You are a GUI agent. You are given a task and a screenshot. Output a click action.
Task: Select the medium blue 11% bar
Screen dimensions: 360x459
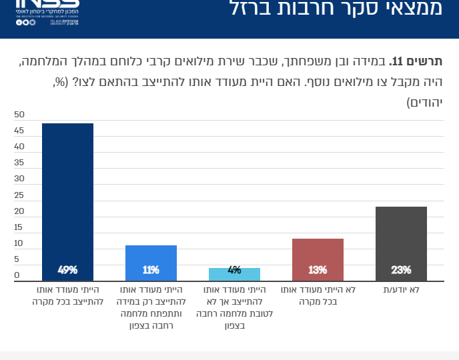pos(151,260)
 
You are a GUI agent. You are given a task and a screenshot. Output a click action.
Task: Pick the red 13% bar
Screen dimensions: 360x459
pos(318,257)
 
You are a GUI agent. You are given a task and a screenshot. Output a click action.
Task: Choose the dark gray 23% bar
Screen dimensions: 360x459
pos(401,240)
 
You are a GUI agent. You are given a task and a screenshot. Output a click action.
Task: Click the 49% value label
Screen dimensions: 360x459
pos(67,270)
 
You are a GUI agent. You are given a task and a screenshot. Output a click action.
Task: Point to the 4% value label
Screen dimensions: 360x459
pos(234,270)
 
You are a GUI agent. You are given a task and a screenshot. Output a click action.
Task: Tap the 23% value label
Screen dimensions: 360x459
pos(401,270)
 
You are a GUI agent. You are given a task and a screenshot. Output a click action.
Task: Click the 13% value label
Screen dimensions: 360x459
pos(318,270)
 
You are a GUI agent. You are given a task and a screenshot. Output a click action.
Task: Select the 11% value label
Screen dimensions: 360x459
pos(151,270)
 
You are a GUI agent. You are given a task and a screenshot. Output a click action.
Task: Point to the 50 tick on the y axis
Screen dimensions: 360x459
pos(19,114)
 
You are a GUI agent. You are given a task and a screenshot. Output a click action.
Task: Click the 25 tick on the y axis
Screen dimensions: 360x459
pos(19,195)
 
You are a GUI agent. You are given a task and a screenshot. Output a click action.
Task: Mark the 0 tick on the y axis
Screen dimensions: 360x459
pos(17,275)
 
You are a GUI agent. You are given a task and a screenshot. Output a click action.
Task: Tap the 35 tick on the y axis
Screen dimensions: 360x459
pos(19,163)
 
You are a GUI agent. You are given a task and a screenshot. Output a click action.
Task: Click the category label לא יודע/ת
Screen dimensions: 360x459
pos(401,291)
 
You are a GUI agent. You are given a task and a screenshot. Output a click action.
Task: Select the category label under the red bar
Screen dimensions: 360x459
pos(318,296)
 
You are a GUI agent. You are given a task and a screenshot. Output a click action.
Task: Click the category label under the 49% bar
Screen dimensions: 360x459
pos(67,296)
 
